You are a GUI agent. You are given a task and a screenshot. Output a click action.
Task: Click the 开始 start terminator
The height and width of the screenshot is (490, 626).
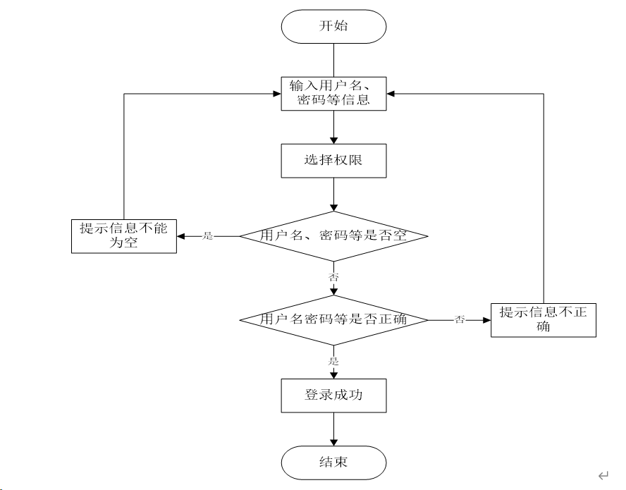pyautogui.click(x=333, y=26)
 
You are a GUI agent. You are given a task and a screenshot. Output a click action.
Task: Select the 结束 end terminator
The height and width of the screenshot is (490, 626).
pyautogui.click(x=333, y=463)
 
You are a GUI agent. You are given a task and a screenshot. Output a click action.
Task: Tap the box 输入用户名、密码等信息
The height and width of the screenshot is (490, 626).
pyautogui.click(x=333, y=94)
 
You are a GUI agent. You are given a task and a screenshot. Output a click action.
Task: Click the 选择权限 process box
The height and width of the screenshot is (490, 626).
pyautogui.click(x=333, y=161)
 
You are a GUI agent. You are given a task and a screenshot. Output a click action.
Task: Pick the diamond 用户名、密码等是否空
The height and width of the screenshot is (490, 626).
pyautogui.click(x=333, y=236)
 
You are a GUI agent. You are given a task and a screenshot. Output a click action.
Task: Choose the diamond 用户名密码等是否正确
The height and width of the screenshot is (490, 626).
pyautogui.click(x=333, y=320)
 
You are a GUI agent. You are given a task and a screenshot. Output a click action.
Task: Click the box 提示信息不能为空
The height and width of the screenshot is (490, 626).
pyautogui.click(x=124, y=236)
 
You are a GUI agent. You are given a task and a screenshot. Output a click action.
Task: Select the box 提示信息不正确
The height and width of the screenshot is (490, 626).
pyautogui.click(x=544, y=320)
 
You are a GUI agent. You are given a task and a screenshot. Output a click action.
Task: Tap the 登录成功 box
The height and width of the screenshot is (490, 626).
pyautogui.click(x=333, y=396)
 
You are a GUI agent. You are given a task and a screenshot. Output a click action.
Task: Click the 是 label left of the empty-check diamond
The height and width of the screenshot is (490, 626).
pyautogui.click(x=207, y=235)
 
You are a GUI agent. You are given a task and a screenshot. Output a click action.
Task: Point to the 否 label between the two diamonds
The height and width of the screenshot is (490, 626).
pyautogui.click(x=333, y=277)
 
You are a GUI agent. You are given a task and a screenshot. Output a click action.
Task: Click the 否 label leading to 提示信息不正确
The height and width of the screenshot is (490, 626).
pyautogui.click(x=460, y=319)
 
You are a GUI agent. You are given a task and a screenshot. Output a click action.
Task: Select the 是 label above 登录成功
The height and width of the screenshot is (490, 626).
pyautogui.click(x=333, y=362)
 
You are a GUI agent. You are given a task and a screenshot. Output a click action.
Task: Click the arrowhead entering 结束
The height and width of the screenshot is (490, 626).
pyautogui.click(x=333, y=443)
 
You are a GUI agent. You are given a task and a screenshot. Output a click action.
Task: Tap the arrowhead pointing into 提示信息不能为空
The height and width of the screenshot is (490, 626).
pyautogui.click(x=180, y=236)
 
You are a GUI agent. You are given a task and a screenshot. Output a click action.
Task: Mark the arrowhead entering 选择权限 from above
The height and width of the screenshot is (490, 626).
pyautogui.click(x=333, y=140)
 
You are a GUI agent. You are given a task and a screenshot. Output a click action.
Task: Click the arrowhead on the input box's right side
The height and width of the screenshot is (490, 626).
pyautogui.click(x=391, y=94)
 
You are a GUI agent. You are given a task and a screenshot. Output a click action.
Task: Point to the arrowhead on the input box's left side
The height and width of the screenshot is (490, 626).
pyautogui.click(x=277, y=94)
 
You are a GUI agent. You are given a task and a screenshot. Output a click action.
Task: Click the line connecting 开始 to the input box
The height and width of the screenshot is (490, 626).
pyautogui.click(x=333, y=60)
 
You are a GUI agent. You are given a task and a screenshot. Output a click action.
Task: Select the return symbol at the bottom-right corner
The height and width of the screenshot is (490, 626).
pyautogui.click(x=603, y=475)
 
